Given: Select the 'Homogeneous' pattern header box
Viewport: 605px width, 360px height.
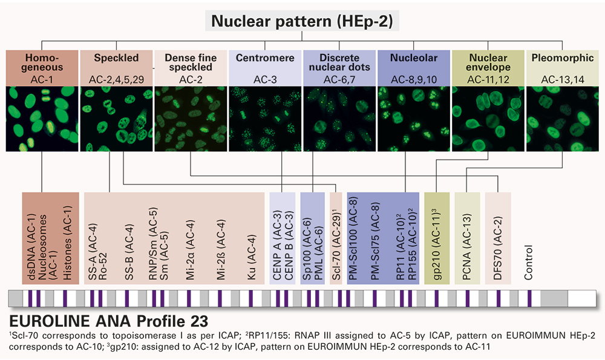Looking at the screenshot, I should [x=42, y=67].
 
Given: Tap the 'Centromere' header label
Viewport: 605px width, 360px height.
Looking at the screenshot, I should [x=266, y=59].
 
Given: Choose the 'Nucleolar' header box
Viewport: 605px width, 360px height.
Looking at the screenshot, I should [x=414, y=67].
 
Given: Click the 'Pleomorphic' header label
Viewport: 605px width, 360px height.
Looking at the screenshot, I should [x=562, y=59].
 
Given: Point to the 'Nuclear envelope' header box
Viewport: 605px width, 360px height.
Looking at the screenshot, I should [x=488, y=67].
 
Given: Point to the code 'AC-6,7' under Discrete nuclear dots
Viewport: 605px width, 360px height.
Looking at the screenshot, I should [x=339, y=79].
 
